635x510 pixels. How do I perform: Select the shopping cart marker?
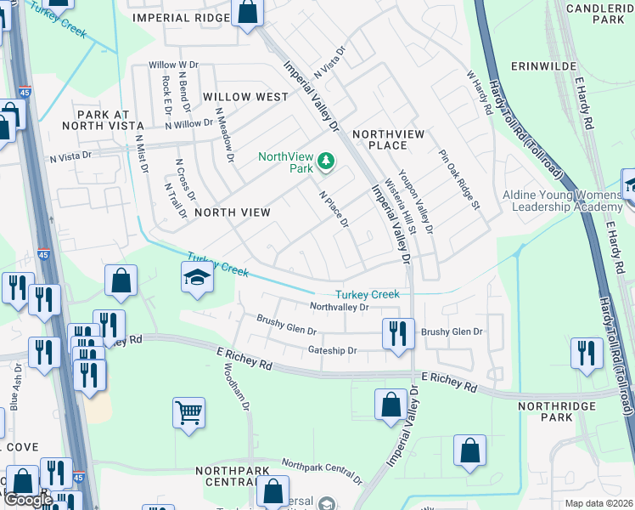pos(189,414)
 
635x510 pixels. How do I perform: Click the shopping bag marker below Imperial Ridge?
pos(247,14)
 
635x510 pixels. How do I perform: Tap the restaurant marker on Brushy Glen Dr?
pos(397,333)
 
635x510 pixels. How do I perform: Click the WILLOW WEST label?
pos(245,97)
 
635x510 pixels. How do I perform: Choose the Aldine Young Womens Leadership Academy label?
pos(562,201)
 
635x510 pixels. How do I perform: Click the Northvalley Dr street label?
pos(339,307)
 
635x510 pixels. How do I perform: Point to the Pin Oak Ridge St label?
pos(459,180)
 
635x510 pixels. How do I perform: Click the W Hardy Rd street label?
pos(480,92)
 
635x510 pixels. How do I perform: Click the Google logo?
pos(27,500)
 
